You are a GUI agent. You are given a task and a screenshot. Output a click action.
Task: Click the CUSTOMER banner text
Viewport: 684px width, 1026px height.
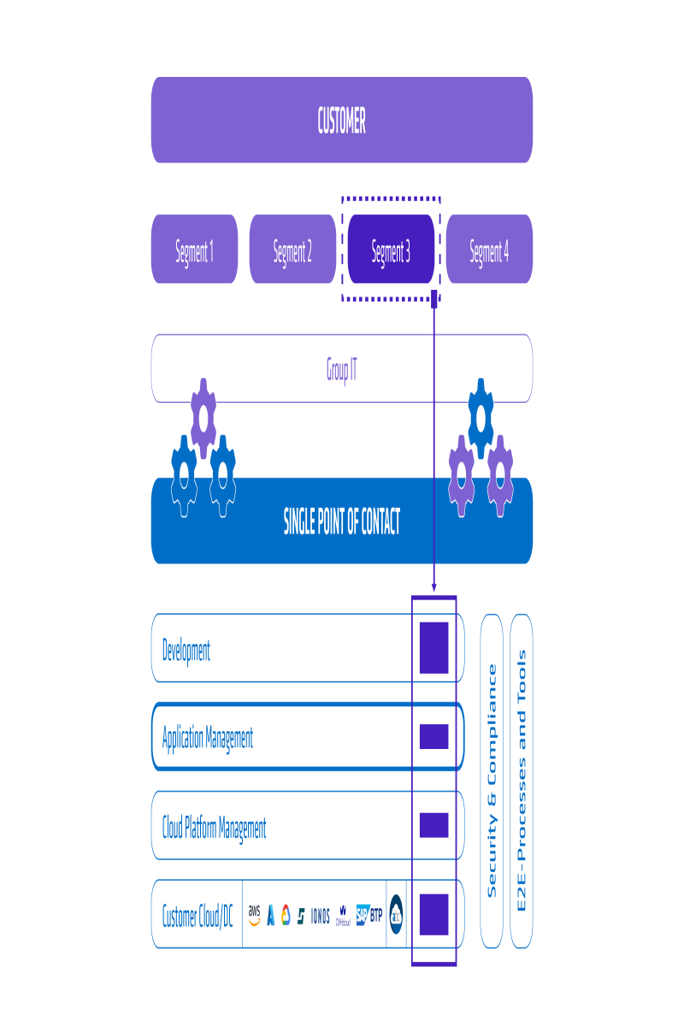coord(341,121)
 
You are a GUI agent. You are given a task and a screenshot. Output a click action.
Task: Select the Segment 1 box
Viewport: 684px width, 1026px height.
coord(194,251)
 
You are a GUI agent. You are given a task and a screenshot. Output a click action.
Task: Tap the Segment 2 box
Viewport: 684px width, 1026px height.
coord(292,251)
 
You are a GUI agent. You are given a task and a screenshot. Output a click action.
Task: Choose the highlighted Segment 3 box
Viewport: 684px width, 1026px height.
coord(391,251)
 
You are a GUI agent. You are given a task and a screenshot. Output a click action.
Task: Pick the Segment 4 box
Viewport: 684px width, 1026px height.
coord(489,251)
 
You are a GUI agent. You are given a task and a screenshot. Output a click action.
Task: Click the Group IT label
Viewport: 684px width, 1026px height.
coord(341,369)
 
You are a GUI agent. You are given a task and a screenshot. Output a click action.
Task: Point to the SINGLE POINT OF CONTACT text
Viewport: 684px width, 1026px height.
coord(341,522)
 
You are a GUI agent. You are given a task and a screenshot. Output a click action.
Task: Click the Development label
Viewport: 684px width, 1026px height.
coord(186,650)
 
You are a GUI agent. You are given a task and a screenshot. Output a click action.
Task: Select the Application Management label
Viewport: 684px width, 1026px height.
coord(208,737)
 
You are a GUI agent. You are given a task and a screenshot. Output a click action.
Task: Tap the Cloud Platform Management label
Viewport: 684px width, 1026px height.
coord(214,827)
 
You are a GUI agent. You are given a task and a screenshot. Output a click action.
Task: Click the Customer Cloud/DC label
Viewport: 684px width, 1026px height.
coord(197,916)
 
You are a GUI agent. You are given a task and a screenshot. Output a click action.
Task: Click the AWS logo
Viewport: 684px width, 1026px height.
coord(254,915)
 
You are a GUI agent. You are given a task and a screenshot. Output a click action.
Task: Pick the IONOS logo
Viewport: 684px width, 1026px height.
coord(321,916)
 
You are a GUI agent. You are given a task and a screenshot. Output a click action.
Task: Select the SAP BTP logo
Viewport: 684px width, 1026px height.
coord(369,916)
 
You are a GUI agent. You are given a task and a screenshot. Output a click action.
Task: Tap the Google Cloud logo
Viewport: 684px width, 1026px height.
coord(286,916)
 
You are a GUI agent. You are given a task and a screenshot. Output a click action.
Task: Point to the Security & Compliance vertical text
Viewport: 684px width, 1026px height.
coord(492,780)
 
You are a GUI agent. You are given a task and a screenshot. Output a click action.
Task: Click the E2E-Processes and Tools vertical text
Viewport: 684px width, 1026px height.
coord(522,780)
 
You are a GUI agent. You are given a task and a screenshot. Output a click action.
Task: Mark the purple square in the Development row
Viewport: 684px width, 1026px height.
coord(433,647)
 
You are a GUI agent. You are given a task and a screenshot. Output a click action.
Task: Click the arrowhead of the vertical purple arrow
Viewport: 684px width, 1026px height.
coord(434,587)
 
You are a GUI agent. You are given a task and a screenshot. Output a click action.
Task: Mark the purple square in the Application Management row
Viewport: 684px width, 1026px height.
coord(433,736)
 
